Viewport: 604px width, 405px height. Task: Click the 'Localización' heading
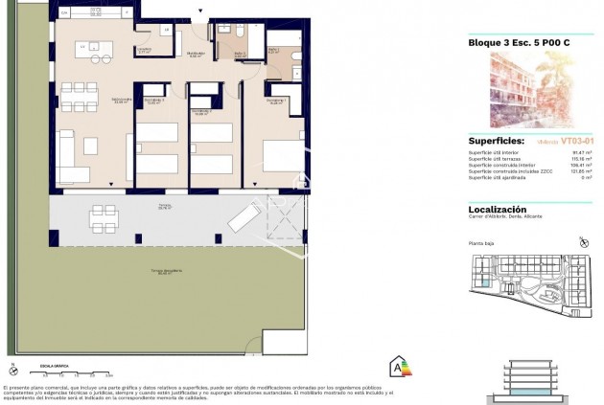[497, 209]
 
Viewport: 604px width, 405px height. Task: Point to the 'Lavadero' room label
[145, 52]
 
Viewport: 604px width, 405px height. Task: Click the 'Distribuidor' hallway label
[197, 55]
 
